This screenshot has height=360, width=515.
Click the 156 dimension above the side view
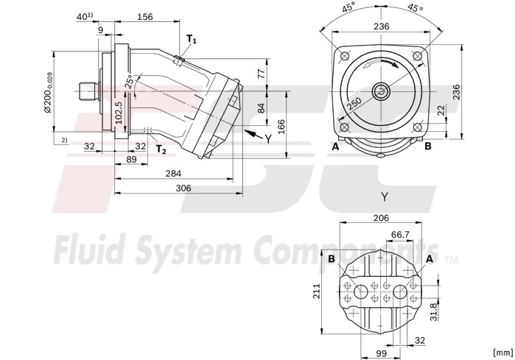pyautogui.click(x=145, y=17)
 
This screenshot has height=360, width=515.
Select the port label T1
pyautogui.click(x=191, y=38)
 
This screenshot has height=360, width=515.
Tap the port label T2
pyautogui.click(x=161, y=149)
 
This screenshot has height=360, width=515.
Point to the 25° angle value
pyautogui.click(x=129, y=82)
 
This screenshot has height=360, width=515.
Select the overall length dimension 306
pyautogui.click(x=183, y=188)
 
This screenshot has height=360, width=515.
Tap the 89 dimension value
pyautogui.click(x=131, y=159)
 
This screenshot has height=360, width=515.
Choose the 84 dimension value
pyautogui.click(x=260, y=108)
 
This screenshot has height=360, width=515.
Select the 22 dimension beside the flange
pyautogui.click(x=441, y=110)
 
